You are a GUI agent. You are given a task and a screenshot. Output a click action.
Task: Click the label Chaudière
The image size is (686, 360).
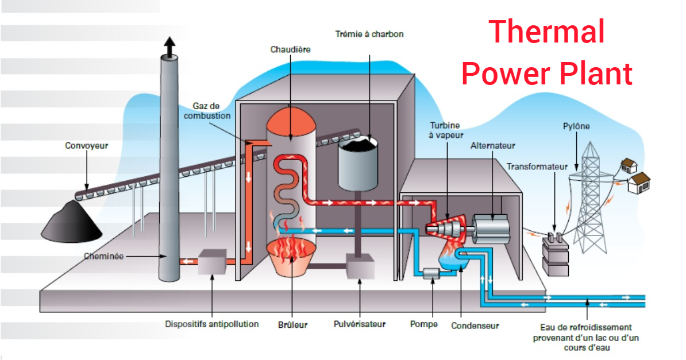click(x=290, y=49)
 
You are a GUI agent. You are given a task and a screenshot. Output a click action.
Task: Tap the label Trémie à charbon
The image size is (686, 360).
click(x=369, y=34)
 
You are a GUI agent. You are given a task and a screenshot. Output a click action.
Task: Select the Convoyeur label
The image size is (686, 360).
click(x=86, y=146)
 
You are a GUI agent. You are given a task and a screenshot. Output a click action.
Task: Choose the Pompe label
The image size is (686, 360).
click(x=423, y=324)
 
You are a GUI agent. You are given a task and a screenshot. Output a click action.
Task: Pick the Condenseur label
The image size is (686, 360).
click(x=475, y=326)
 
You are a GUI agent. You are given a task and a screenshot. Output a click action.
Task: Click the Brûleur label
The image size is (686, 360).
click(x=292, y=325)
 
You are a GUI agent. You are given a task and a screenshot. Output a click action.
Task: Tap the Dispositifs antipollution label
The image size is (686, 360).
click(x=211, y=324)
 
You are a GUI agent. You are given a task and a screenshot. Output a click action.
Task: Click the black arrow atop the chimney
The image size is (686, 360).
click(x=170, y=47)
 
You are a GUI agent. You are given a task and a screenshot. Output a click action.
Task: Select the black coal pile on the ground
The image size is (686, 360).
click(x=72, y=222)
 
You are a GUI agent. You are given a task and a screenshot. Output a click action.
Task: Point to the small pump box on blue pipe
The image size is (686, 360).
click(x=431, y=274)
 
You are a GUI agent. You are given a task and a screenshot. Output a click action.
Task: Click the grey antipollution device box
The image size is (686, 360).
click(x=212, y=262)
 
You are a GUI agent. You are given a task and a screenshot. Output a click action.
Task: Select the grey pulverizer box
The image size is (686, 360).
click(x=360, y=266)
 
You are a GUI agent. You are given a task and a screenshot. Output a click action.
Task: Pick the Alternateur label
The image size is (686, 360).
click(x=492, y=146)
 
